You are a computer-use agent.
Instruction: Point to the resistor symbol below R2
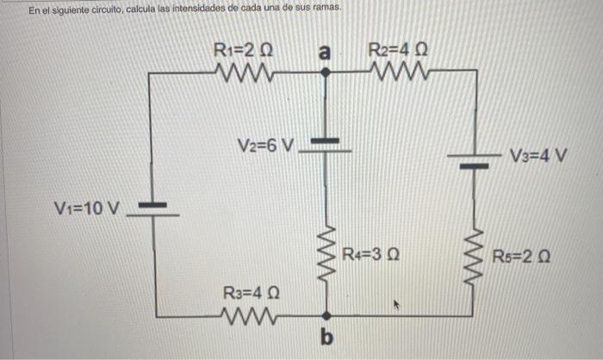click(x=398, y=73)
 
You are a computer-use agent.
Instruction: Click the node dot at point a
click(x=326, y=74)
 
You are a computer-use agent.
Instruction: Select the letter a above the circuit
click(x=325, y=52)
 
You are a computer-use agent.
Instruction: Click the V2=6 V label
click(x=266, y=144)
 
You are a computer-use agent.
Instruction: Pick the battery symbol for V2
click(x=326, y=146)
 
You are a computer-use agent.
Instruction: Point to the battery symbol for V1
click(x=153, y=209)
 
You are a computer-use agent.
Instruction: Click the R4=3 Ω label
click(x=369, y=255)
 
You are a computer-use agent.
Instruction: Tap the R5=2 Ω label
click(x=521, y=257)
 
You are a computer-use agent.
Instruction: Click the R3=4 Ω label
click(x=252, y=294)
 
